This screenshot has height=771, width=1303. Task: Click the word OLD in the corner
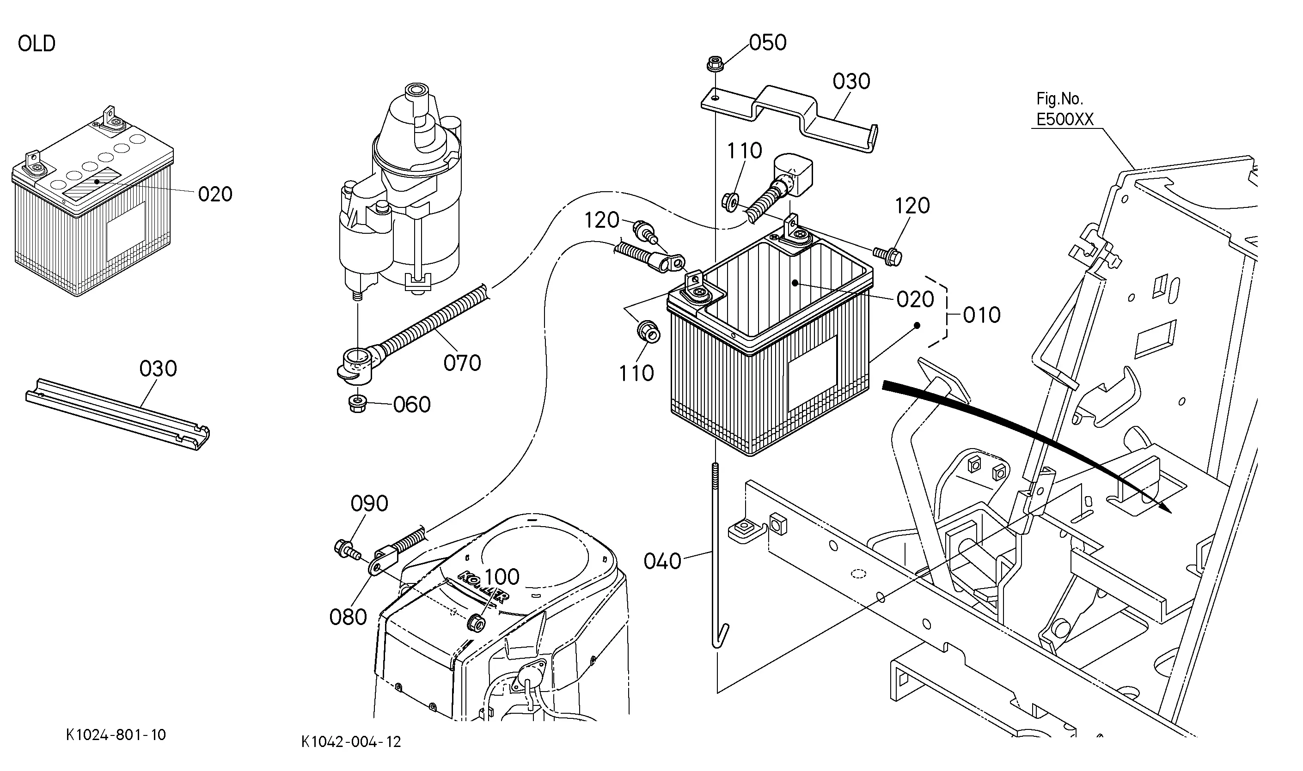[37, 43]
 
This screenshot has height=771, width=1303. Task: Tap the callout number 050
[768, 42]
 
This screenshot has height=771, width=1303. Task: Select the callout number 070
[462, 363]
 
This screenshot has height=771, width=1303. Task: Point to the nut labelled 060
[357, 403]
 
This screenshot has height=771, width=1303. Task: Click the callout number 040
[662, 561]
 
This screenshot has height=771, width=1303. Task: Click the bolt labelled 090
[346, 550]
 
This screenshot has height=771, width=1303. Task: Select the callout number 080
[348, 617]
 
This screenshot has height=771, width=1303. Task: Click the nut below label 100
[476, 621]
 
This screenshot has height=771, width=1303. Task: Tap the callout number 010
[982, 315]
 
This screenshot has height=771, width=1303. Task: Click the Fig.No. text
[1060, 98]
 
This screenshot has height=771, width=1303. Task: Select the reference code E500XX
[1065, 120]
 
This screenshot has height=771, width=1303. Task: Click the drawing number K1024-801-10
[116, 735]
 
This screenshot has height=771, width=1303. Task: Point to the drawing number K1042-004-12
[351, 741]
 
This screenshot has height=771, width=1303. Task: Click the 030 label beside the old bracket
[158, 369]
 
